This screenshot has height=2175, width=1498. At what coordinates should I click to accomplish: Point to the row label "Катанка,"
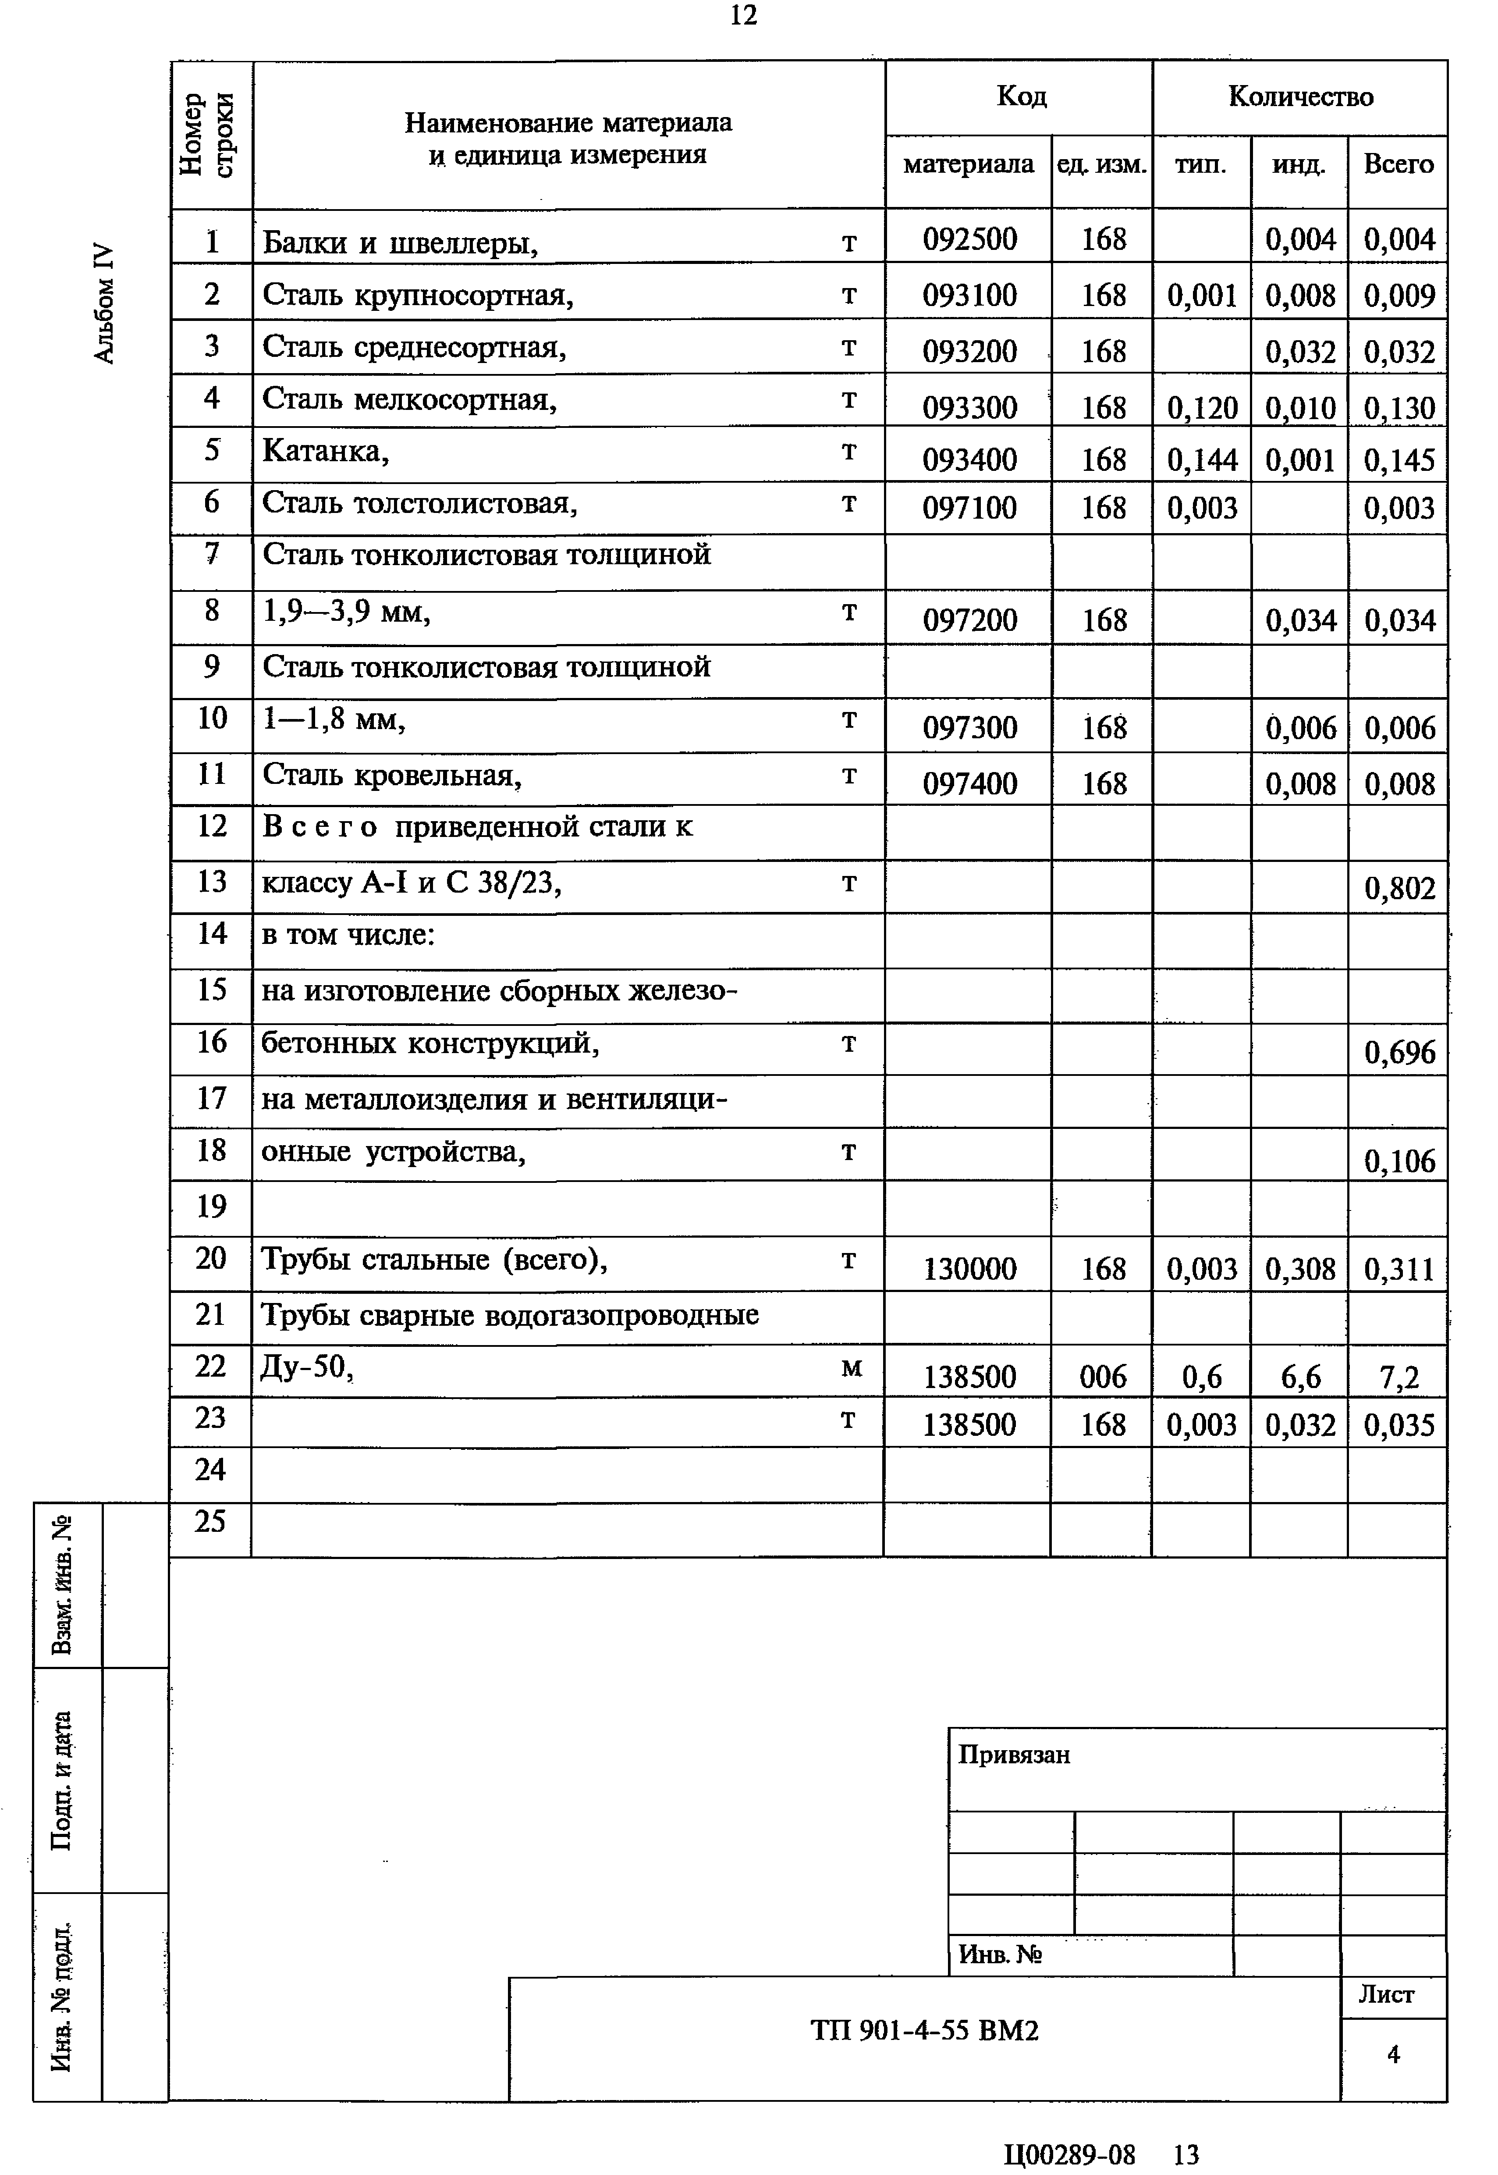point(326,452)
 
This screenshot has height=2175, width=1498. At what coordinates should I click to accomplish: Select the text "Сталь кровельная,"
point(391,776)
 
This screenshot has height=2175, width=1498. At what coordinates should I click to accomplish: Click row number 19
point(211,1206)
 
